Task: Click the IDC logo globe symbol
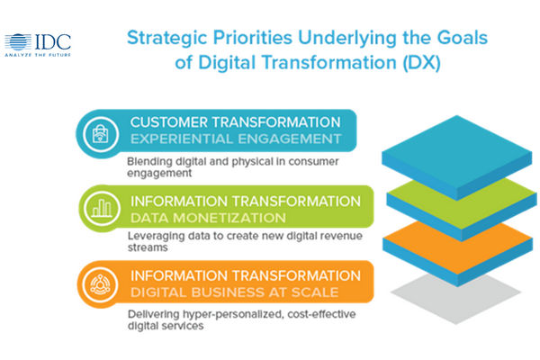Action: click(18, 42)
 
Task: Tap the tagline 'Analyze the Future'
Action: click(38, 55)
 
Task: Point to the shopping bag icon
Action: click(101, 134)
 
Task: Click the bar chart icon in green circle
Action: click(102, 209)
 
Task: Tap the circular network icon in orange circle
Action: click(100, 284)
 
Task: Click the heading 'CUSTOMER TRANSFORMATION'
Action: click(236, 122)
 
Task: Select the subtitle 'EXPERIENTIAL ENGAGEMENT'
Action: click(236, 139)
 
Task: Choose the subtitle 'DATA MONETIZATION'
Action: click(209, 218)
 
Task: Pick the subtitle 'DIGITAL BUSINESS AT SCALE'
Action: click(235, 292)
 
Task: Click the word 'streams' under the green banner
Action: click(148, 247)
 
